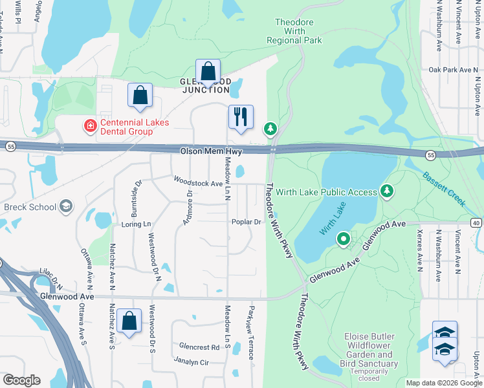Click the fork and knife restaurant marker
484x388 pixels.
[x=241, y=117]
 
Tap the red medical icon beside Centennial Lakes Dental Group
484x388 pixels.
[x=91, y=125]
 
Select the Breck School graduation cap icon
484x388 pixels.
[x=65, y=207]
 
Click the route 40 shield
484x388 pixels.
[x=477, y=223]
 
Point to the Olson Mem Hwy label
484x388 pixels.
[x=206, y=150]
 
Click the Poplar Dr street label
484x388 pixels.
[x=246, y=222]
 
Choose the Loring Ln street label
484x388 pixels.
[x=136, y=224]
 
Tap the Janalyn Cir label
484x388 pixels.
[x=191, y=362]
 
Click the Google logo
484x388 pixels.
[x=21, y=380]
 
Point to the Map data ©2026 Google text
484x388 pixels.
[x=444, y=383]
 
